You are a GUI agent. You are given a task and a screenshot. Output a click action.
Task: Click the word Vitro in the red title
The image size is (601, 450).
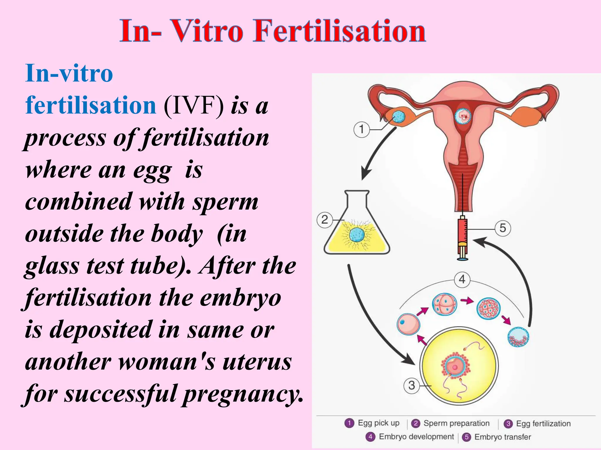tap(207, 31)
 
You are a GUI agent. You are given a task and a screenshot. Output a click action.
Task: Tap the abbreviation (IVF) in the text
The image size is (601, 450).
tap(194, 105)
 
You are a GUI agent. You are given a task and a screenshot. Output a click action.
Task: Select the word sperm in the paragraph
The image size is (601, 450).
tap(225, 202)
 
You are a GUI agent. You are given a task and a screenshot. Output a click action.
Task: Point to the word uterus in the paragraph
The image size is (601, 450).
tap(257, 362)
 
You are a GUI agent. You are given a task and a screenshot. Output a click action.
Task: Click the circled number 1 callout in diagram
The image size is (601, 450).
tap(361, 129)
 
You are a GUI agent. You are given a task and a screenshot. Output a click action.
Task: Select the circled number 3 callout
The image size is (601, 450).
tap(411, 386)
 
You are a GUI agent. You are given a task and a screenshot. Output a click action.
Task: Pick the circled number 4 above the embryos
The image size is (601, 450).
tap(462, 279)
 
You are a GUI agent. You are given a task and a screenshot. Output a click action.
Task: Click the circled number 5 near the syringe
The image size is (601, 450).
tap(503, 228)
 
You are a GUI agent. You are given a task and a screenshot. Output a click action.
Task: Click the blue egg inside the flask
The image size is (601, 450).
tap(357, 235)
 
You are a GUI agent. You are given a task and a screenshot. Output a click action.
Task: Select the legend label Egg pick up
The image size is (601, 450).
tap(379, 423)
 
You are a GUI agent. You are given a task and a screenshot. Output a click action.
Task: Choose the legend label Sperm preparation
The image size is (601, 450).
tap(456, 423)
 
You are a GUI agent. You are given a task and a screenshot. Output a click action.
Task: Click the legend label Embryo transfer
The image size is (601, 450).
tap(502, 437)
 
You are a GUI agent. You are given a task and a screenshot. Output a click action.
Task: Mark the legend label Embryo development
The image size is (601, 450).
tap(416, 437)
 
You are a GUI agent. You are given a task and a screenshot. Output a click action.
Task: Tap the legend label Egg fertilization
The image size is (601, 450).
tap(543, 424)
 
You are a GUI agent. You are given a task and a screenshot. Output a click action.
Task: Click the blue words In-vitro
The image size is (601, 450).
tap(69, 73)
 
